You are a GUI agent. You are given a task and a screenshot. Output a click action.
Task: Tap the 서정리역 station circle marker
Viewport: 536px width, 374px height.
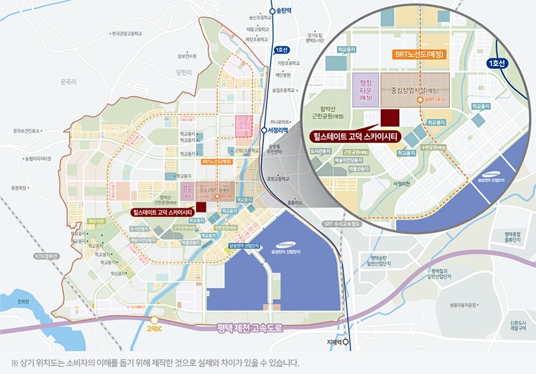pos(264,130)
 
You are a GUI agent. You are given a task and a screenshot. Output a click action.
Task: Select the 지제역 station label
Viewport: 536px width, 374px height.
pos(334,342)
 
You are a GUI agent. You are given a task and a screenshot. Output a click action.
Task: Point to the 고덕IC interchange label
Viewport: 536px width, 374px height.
pos(154,329)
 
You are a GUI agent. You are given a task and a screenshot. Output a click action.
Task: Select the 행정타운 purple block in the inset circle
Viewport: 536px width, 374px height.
pos(366,89)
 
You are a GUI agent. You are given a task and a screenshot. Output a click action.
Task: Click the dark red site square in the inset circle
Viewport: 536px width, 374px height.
pos(390,118)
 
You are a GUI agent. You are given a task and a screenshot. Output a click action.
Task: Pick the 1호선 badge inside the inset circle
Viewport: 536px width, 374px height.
pos(497,63)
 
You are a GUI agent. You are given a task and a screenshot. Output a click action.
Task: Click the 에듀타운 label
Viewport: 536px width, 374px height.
pos(97,222)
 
